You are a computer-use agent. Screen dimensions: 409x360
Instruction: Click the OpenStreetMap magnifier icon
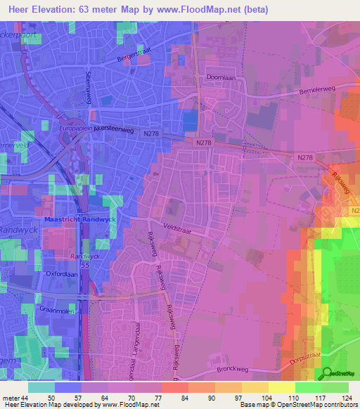click(326, 375)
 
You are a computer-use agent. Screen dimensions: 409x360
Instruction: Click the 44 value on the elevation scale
click(25, 398)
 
